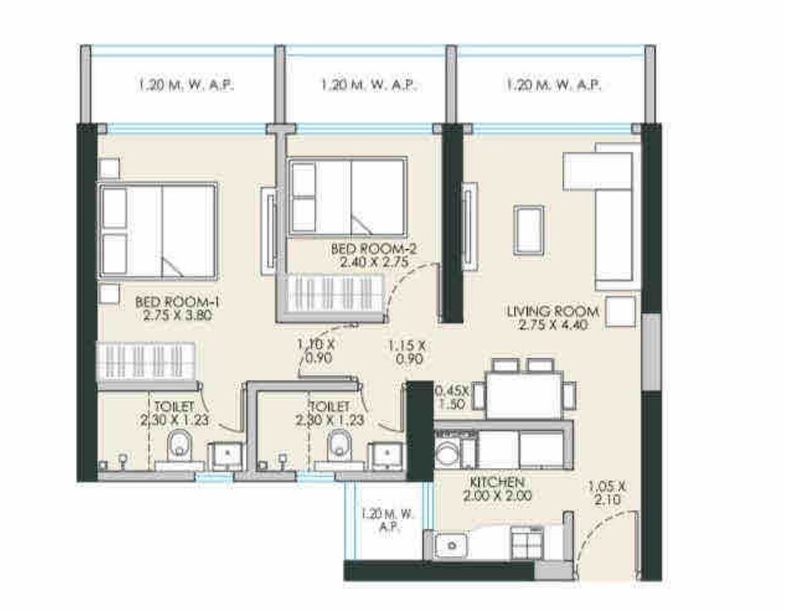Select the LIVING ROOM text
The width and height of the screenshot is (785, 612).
pyautogui.click(x=552, y=312)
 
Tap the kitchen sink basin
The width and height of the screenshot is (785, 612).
pyautogui.click(x=448, y=546)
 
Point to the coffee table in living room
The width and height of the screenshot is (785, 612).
pyautogui.click(x=528, y=229)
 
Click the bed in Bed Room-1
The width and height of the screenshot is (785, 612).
pyautogui.click(x=158, y=230)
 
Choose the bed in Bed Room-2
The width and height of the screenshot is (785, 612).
pyautogui.click(x=346, y=196)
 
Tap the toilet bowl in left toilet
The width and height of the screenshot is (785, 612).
pyautogui.click(x=180, y=444)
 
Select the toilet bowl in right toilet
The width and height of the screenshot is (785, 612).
pyautogui.click(x=340, y=444)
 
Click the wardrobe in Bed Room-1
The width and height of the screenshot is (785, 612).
pyautogui.click(x=147, y=361)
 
